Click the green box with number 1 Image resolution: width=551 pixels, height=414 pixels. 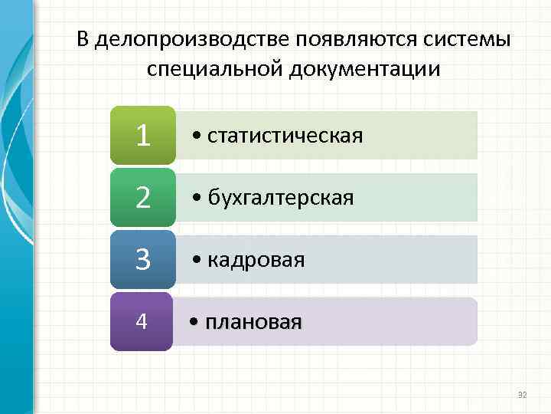[x=142, y=136]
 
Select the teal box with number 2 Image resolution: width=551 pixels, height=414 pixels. [x=142, y=198]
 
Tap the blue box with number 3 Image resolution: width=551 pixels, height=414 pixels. [x=142, y=259]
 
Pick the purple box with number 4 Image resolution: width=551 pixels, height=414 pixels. [x=142, y=321]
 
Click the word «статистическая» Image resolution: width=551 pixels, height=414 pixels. [x=285, y=136]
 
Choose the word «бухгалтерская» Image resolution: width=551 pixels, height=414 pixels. [x=280, y=198]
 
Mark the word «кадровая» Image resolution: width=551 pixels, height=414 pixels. [x=256, y=260]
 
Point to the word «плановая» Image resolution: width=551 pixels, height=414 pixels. [x=254, y=321]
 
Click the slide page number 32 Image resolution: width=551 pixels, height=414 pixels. [x=523, y=395]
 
